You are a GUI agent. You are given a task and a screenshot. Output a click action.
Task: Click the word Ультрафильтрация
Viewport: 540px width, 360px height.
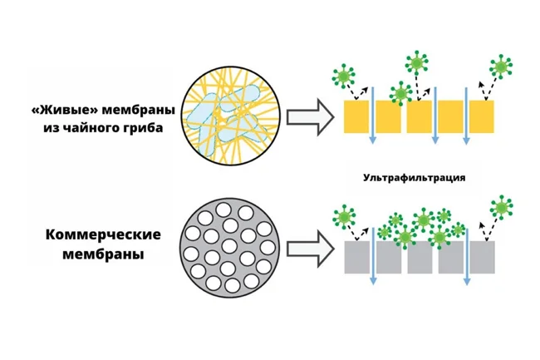[x=414, y=178]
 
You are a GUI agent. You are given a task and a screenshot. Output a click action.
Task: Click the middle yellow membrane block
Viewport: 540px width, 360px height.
[x=420, y=116]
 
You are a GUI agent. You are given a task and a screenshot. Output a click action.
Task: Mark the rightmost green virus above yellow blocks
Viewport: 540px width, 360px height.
[x=501, y=66]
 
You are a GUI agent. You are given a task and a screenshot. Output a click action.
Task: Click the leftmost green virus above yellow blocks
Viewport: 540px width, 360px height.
[x=341, y=76]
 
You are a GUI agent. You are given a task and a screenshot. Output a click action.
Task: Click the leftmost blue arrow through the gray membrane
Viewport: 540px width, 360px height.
[x=373, y=258]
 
